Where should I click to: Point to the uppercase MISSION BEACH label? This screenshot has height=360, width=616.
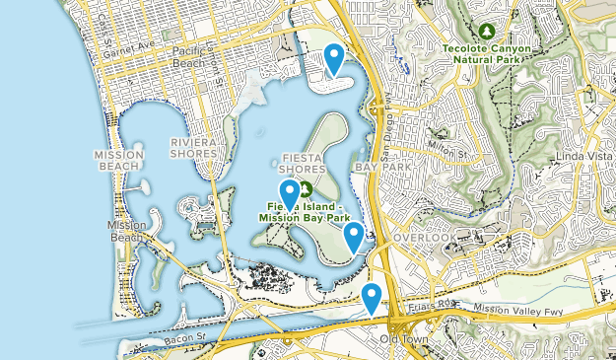[x=119, y=162]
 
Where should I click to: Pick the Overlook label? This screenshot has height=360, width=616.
[x=425, y=239]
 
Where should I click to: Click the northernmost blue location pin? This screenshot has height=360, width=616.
[x=334, y=57]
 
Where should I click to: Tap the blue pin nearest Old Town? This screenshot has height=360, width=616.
[x=372, y=295]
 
